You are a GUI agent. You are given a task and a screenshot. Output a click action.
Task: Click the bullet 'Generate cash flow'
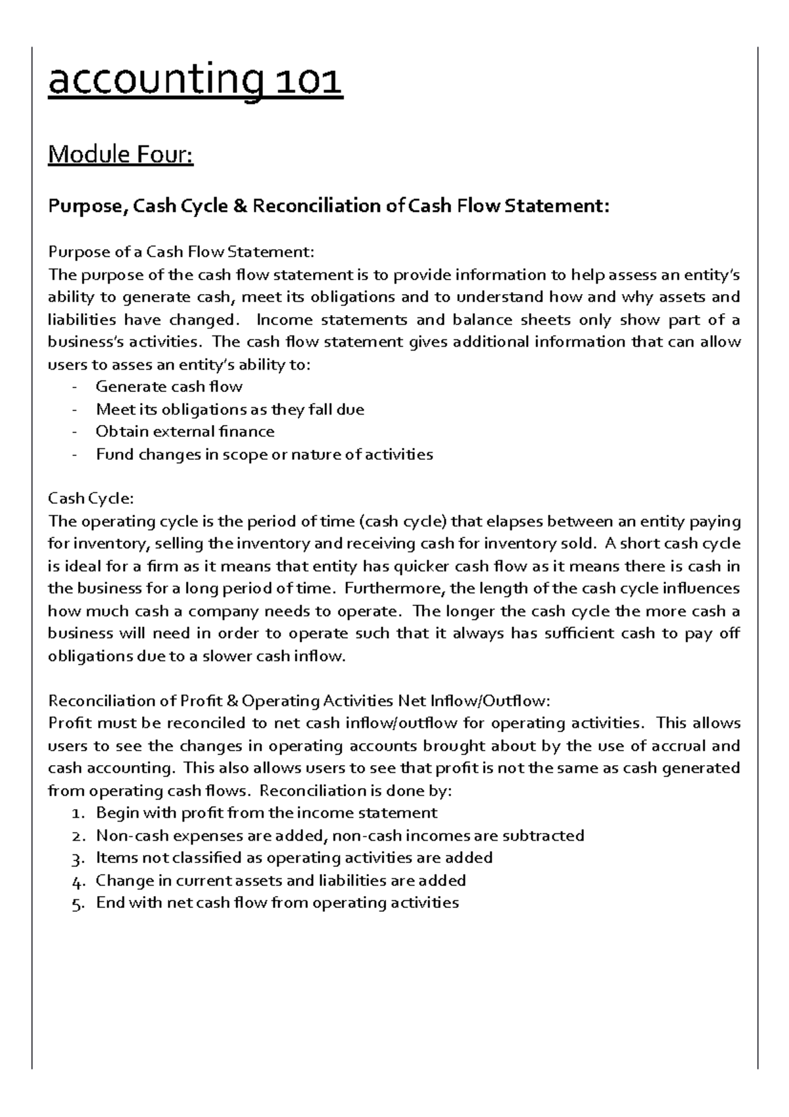pyautogui.click(x=169, y=387)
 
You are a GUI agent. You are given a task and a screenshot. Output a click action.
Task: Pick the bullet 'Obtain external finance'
pyautogui.click(x=185, y=432)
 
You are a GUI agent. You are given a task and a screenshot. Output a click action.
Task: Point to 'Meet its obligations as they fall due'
pyautogui.click(x=229, y=409)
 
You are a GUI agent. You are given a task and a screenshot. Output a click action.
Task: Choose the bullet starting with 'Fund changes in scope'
pyautogui.click(x=264, y=454)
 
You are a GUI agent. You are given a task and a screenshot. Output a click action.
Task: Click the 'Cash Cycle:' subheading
pyautogui.click(x=91, y=499)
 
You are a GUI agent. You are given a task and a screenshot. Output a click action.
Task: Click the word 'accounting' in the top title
pyautogui.click(x=155, y=83)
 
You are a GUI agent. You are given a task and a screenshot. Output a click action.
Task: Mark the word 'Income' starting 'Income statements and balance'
pyautogui.click(x=281, y=320)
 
